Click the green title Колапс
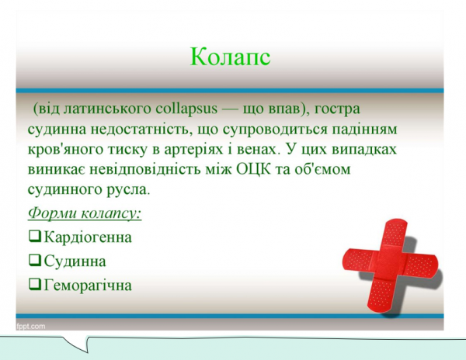tap(230, 57)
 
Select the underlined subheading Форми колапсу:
tap(84, 213)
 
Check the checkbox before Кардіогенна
tap(34, 235)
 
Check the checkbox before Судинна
tap(34, 260)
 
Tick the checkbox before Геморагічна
tap(34, 284)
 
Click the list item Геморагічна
tap(88, 285)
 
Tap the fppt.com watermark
tap(31, 326)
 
